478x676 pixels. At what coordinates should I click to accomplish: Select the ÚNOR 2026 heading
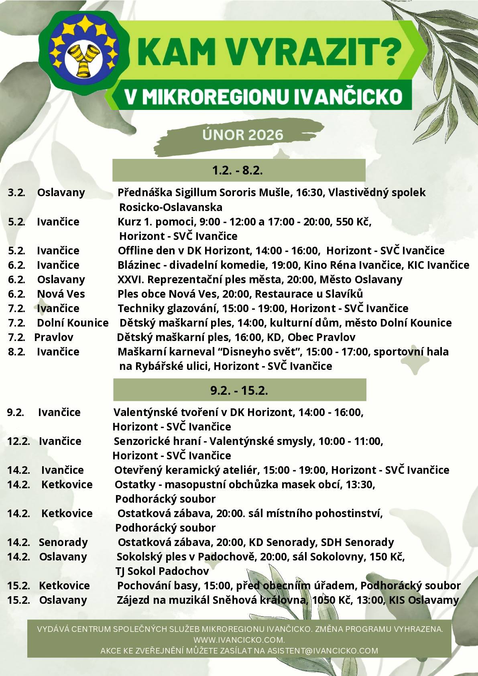click(243, 135)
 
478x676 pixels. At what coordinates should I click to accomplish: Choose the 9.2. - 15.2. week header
click(239, 390)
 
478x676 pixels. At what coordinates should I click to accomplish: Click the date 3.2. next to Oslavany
click(16, 193)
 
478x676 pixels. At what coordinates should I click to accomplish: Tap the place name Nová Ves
click(61, 294)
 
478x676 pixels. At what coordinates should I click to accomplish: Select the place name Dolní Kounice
click(73, 323)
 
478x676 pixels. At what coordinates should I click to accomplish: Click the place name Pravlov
click(54, 337)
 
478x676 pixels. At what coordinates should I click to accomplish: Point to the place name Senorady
click(63, 542)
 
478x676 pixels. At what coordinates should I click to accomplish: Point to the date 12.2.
click(18, 441)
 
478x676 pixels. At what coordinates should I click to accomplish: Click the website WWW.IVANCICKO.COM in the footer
click(239, 639)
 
